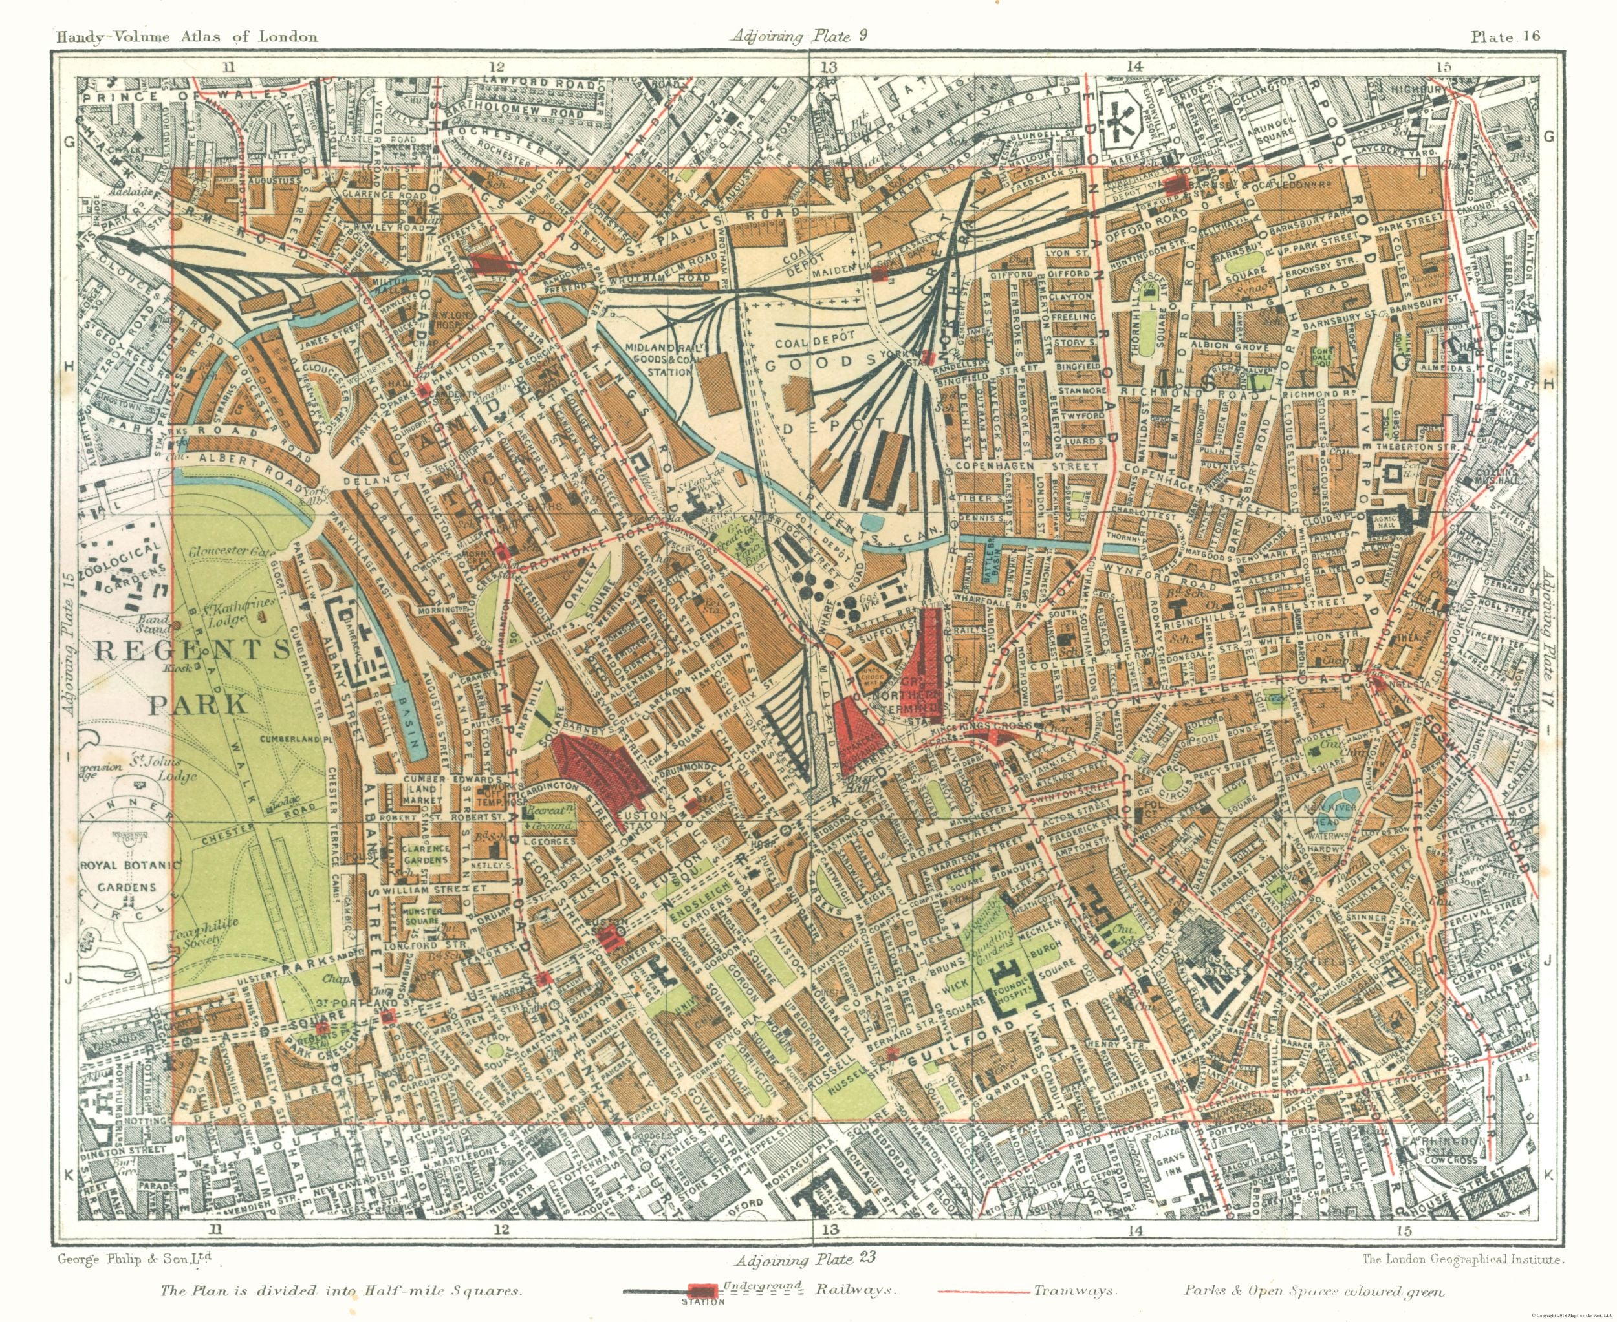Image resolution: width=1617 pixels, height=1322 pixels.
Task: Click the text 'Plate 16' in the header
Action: coord(1506,36)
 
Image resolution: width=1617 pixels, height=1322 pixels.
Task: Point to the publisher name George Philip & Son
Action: coord(134,1259)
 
